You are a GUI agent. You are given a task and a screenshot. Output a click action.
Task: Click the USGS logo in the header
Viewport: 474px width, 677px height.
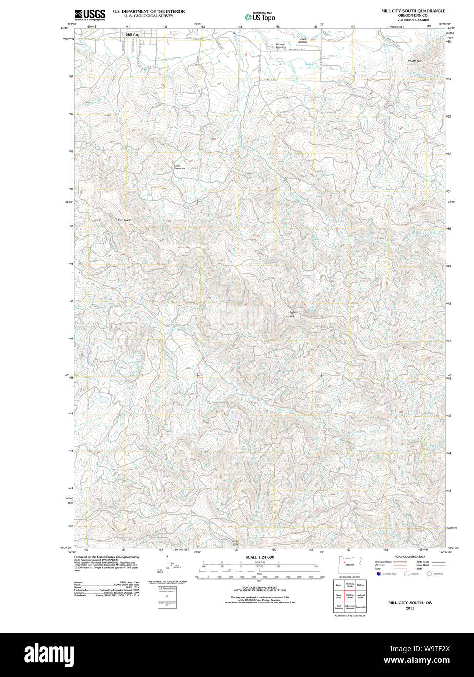coord(90,15)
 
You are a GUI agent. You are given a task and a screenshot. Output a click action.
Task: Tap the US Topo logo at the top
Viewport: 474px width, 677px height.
coord(260,17)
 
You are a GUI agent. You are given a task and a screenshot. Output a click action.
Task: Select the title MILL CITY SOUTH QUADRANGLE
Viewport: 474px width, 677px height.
coord(413,11)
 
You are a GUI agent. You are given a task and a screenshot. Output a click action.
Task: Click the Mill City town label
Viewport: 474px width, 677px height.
coord(132,35)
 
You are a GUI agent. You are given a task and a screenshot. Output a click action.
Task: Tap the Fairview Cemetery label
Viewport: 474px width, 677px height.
coord(280,46)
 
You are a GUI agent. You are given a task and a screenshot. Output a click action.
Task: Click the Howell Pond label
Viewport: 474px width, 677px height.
coord(310,66)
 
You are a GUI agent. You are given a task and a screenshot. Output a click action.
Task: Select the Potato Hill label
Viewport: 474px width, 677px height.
coord(415,61)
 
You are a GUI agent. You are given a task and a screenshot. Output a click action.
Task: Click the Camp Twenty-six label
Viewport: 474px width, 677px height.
coord(179,167)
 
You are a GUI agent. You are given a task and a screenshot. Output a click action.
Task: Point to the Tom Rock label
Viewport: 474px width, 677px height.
coord(124,220)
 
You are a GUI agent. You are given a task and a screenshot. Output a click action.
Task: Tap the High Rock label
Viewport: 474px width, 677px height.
coord(292,314)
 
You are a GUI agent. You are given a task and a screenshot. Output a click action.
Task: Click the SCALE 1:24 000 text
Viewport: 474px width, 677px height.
coord(259,557)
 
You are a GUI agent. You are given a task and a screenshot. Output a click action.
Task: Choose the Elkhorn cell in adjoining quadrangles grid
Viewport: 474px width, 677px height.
coord(361,584)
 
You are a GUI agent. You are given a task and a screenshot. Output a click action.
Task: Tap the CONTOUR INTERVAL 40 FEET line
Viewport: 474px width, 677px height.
coord(259,588)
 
